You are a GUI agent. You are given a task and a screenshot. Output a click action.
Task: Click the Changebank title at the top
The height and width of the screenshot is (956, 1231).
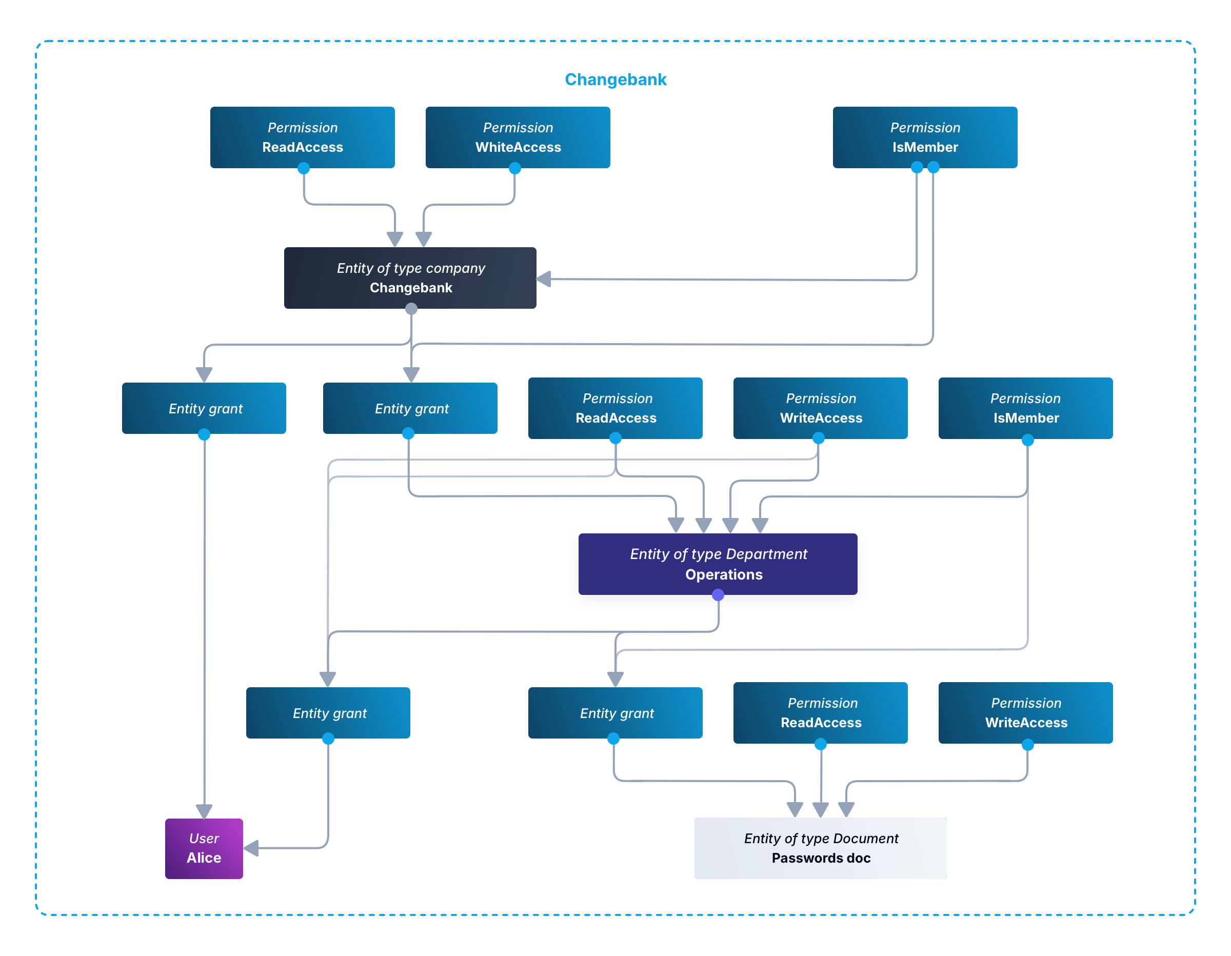click(x=615, y=79)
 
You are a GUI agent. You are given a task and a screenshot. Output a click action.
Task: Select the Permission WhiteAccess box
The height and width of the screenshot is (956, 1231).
click(x=518, y=137)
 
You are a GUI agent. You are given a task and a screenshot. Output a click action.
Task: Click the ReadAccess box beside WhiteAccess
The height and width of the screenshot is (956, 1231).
click(x=302, y=137)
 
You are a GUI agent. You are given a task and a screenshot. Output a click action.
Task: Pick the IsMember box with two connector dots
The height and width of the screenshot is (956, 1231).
click(x=925, y=137)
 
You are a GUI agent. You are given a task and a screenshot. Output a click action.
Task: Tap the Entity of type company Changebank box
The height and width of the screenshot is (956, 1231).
click(x=410, y=278)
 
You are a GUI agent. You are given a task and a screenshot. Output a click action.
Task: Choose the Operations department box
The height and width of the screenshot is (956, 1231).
click(x=718, y=564)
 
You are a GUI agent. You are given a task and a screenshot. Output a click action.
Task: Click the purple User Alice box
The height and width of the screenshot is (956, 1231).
click(x=204, y=848)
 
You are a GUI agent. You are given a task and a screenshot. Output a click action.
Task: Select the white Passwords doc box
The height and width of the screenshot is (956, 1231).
click(x=820, y=848)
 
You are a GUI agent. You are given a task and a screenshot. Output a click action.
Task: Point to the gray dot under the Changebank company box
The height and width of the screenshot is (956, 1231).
click(x=411, y=309)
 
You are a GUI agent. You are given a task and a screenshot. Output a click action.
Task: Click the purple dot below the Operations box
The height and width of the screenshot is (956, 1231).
click(x=718, y=595)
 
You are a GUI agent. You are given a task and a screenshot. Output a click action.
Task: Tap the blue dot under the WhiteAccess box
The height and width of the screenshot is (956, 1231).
click(x=514, y=168)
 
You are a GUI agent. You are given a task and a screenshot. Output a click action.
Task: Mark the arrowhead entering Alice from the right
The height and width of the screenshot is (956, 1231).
click(x=251, y=848)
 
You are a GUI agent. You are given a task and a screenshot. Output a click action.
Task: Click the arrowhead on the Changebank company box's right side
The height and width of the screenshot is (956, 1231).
click(x=544, y=278)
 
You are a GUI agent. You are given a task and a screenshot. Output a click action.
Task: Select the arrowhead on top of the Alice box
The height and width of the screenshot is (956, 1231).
click(x=204, y=811)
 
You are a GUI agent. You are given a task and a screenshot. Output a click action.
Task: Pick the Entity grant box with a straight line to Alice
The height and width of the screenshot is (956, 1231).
click(x=204, y=409)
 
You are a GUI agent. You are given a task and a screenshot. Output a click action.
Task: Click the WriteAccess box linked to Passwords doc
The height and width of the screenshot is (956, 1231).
click(x=1025, y=713)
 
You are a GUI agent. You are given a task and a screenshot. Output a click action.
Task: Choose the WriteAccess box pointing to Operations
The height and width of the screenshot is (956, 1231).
click(x=820, y=409)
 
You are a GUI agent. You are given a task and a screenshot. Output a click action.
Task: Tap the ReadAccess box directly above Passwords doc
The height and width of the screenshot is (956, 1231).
click(x=820, y=713)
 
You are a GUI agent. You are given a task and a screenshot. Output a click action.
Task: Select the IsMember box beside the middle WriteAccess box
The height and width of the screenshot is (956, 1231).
click(x=1025, y=409)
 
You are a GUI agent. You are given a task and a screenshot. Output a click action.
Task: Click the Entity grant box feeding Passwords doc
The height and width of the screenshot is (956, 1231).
click(x=615, y=713)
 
